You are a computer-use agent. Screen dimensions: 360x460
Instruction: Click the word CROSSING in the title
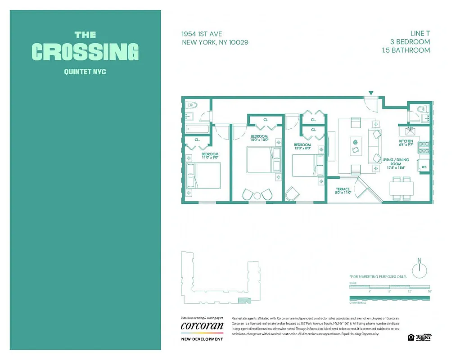click(x=85, y=52)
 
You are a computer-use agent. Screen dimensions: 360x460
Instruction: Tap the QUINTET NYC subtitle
click(x=85, y=72)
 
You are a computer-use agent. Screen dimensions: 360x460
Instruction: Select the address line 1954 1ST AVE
click(x=202, y=34)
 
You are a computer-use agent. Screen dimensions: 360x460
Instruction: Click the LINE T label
click(x=419, y=34)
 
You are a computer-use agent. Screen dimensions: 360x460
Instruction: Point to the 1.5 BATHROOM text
click(x=406, y=50)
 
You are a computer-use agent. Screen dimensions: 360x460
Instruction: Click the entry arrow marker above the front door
click(x=371, y=93)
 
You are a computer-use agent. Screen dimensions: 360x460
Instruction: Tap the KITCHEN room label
click(x=406, y=141)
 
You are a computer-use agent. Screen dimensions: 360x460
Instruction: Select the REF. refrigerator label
click(x=424, y=167)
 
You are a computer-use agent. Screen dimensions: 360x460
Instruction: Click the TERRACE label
click(x=343, y=189)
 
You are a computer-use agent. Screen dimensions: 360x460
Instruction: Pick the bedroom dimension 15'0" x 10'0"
click(x=259, y=140)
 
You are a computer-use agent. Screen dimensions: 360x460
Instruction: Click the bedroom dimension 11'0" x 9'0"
click(x=210, y=157)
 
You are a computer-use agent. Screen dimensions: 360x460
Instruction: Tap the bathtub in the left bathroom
click(x=198, y=129)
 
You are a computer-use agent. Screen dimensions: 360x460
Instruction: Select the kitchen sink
click(x=410, y=132)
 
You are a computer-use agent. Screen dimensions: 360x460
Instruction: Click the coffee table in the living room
click(x=356, y=145)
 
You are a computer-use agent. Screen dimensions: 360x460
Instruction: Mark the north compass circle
click(x=419, y=268)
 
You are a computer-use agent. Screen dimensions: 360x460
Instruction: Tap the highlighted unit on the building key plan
click(x=243, y=302)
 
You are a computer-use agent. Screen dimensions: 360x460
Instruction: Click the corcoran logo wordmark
click(x=202, y=325)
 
